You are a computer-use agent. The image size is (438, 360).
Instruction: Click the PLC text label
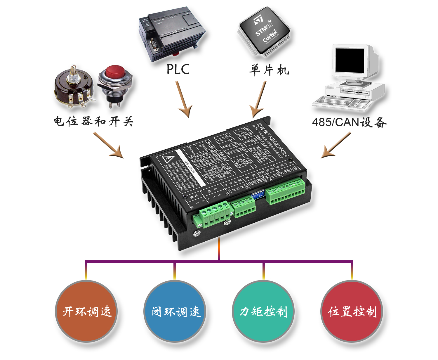(178, 70)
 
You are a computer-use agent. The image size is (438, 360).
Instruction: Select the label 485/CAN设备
(349, 122)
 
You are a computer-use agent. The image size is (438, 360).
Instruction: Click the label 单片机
(269, 70)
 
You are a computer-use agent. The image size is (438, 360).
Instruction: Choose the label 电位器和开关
(93, 121)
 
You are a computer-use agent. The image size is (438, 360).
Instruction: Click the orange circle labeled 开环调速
(86, 311)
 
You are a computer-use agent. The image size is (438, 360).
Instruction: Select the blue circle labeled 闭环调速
(175, 311)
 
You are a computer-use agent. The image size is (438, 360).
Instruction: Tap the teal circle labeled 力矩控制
(263, 311)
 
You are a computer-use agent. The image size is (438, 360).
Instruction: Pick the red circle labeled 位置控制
(352, 311)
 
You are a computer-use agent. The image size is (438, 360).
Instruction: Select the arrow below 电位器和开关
(108, 145)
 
